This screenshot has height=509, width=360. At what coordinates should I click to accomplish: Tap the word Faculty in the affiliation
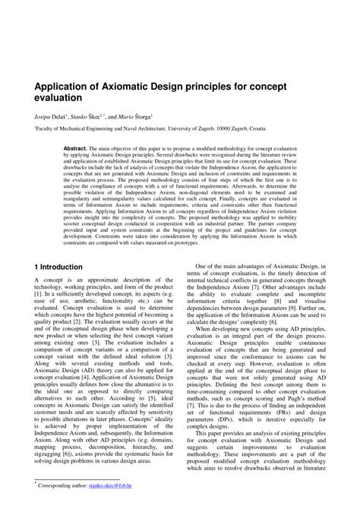46,130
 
